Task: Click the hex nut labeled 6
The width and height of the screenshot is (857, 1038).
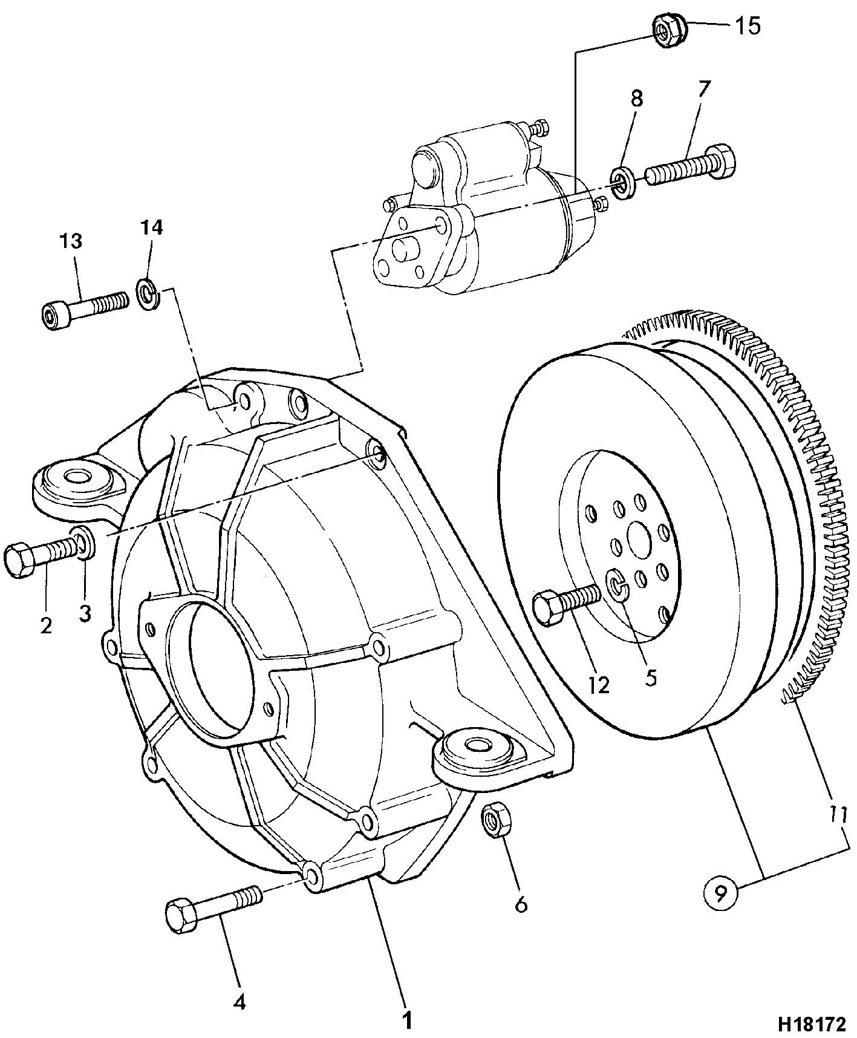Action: (496, 820)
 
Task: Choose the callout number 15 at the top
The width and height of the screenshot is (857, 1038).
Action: (748, 26)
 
